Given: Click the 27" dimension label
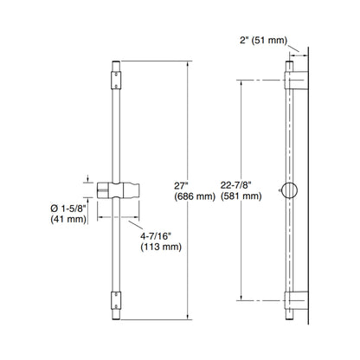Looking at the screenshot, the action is [x=181, y=186].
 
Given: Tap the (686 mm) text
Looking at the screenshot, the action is [x=195, y=196].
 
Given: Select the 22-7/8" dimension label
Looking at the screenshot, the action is [x=236, y=185].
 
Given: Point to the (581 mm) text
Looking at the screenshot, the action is [x=241, y=196].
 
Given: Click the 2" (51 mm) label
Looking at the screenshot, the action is [x=263, y=41].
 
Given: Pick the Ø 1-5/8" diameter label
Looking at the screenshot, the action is [x=68, y=208].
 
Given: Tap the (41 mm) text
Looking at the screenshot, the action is [x=68, y=219].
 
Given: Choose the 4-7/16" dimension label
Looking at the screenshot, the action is [x=156, y=236].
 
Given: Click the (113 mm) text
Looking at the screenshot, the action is [x=161, y=247].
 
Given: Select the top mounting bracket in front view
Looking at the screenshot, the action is [x=116, y=80].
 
